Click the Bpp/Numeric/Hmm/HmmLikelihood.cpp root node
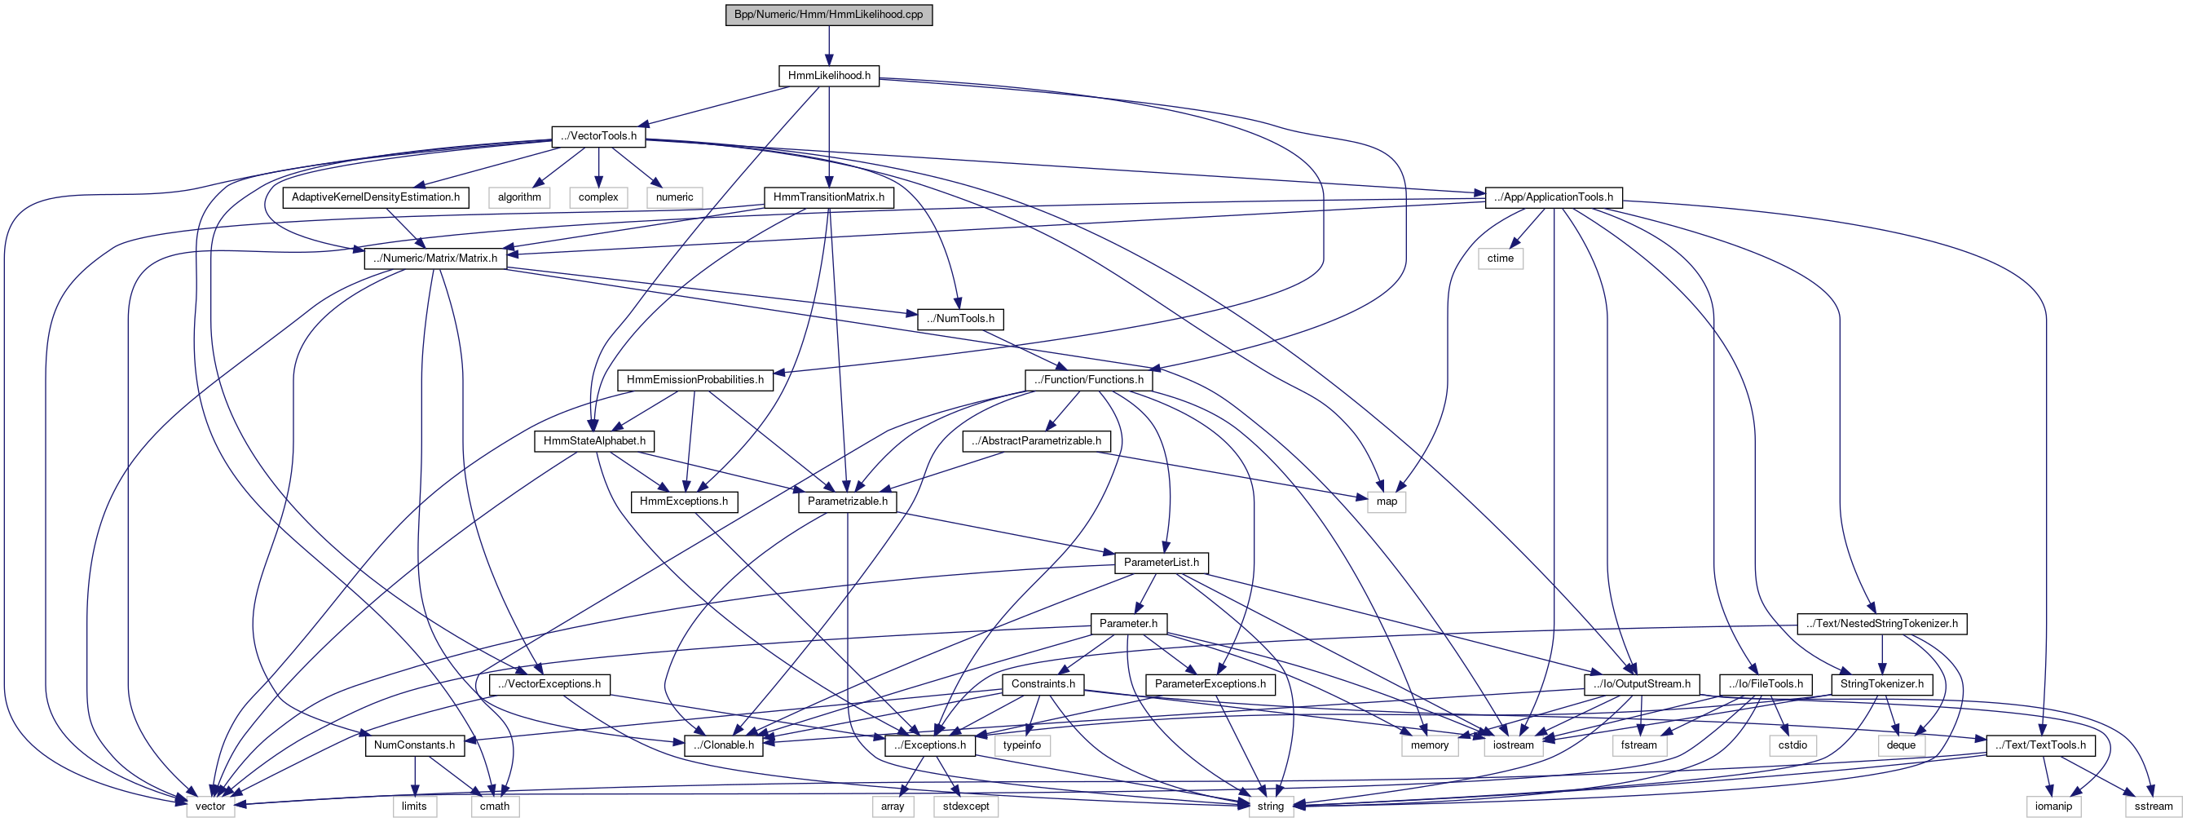pos(829,15)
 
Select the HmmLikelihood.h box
pos(829,76)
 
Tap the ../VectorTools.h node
pos(598,136)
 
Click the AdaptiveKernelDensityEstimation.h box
pos(375,197)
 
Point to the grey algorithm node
pos(518,197)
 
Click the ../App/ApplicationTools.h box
pos(1554,197)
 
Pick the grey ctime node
pos(1500,259)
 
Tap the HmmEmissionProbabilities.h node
pos(695,379)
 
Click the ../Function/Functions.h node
pos(1088,379)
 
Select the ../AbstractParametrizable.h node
pos(1036,440)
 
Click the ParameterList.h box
pos(1161,562)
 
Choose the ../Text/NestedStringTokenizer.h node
pos(1881,623)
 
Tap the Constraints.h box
pos(1043,683)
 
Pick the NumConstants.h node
pos(414,745)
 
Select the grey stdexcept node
pos(965,806)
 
